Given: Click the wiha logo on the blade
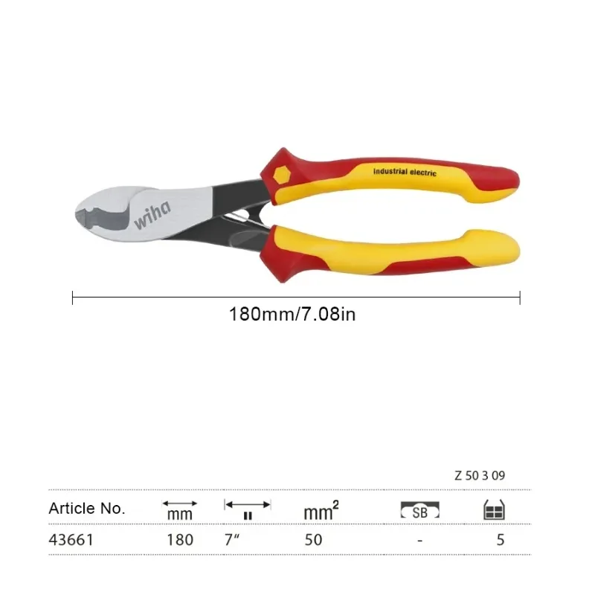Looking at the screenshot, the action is tap(152, 215).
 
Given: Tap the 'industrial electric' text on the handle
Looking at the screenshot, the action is tap(405, 172).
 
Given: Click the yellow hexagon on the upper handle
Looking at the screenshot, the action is tap(282, 175).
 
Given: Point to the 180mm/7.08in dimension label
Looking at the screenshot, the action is tap(292, 314).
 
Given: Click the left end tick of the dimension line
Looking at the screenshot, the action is tap(72, 297).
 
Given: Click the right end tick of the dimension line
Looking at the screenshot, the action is tap(520, 297).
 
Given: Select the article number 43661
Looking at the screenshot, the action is tap(71, 540).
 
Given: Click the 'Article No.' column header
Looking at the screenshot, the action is tap(87, 509).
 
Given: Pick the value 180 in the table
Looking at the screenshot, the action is tap(180, 540).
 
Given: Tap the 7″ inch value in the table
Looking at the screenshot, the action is tap(232, 539).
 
